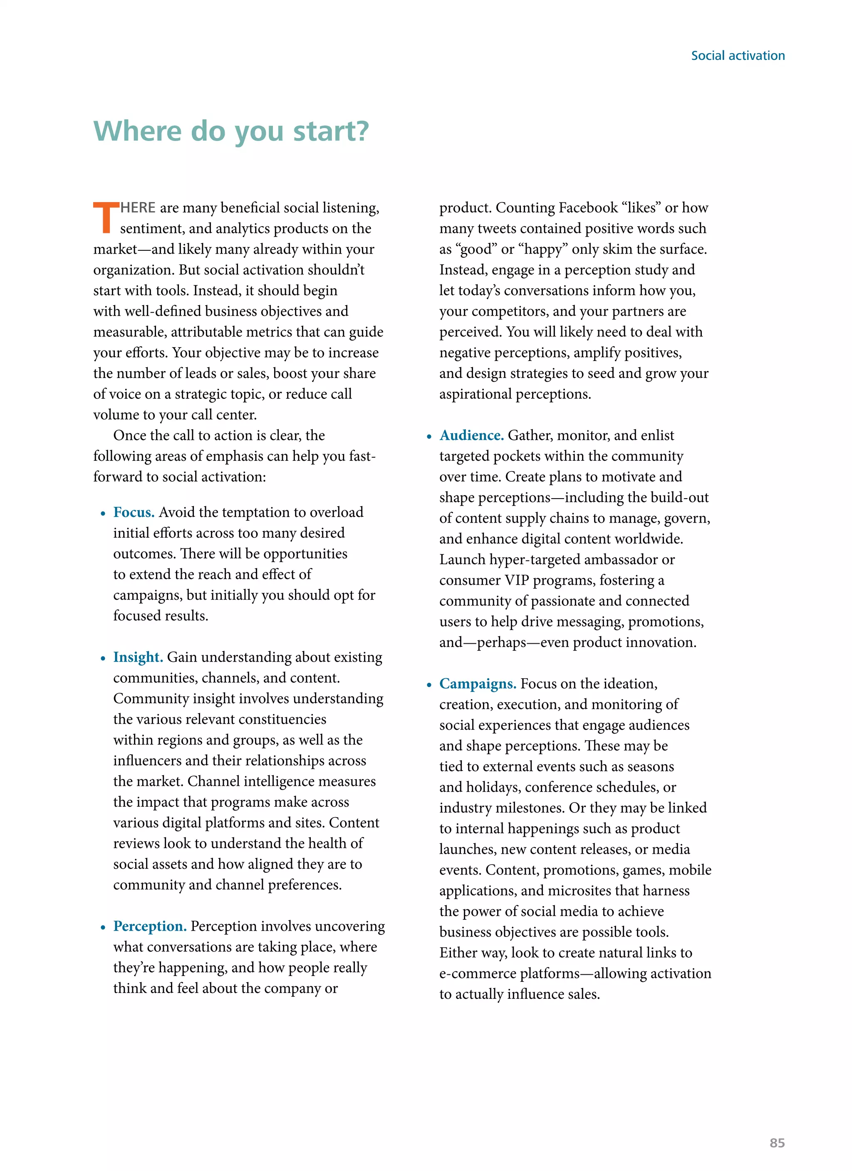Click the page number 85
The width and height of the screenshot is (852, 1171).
pos(777,1143)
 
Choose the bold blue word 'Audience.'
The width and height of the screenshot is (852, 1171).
pos(471,435)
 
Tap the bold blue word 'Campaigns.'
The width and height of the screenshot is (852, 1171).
pos(478,684)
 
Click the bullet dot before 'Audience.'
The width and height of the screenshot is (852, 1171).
pos(429,437)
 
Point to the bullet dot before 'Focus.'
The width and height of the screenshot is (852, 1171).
pos(103,514)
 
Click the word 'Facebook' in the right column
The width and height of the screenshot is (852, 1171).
pos(588,208)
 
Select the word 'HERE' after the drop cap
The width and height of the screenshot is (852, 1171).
pos(138,208)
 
